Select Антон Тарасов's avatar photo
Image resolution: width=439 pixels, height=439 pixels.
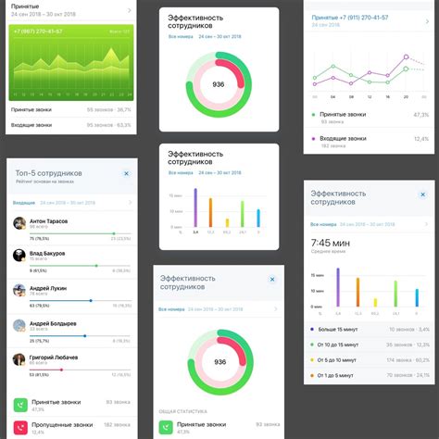click(19, 223)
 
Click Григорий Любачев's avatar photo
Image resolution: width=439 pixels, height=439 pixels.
click(19, 359)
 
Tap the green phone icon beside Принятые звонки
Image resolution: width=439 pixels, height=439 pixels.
click(19, 406)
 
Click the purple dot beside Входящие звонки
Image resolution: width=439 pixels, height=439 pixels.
click(313, 139)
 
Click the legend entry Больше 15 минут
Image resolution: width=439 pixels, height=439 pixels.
click(343, 329)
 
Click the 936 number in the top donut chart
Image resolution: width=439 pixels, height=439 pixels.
click(219, 84)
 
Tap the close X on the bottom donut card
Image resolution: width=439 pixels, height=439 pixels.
click(272, 278)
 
